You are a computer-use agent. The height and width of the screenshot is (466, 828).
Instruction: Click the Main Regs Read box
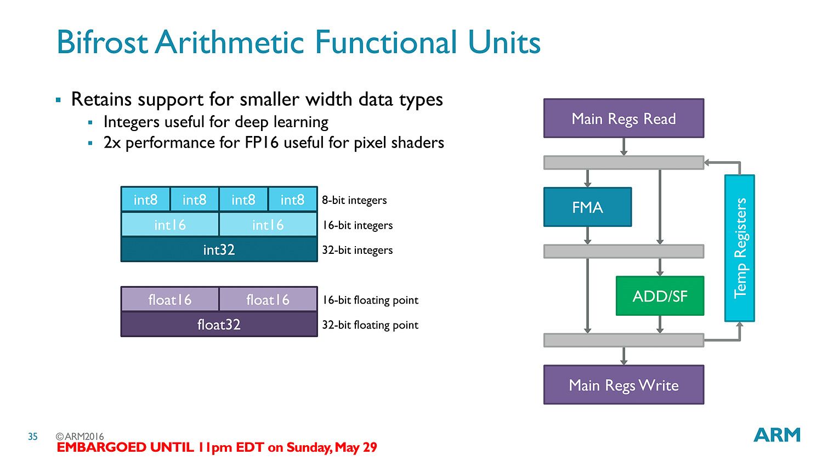click(623, 118)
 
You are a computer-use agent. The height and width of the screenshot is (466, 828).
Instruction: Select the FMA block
click(587, 207)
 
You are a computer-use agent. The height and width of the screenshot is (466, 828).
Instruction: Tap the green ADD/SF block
click(660, 295)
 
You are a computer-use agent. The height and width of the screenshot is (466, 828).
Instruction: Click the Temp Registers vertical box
click(740, 248)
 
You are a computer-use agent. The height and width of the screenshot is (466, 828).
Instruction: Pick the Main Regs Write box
click(623, 385)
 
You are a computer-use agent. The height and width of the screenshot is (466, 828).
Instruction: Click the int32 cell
click(219, 249)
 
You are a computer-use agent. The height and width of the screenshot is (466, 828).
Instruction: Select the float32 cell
click(219, 325)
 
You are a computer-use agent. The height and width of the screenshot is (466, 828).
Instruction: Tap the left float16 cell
click(170, 299)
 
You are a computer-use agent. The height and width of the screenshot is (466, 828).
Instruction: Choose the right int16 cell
click(268, 224)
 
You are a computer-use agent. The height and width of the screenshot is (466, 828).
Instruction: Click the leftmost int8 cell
click(145, 200)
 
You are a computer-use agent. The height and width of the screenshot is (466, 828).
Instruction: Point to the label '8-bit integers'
click(354, 200)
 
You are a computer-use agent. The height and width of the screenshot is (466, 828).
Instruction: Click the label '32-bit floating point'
click(370, 325)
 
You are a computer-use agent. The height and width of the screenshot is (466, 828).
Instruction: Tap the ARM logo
click(776, 435)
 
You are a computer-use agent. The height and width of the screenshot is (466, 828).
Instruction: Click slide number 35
click(33, 436)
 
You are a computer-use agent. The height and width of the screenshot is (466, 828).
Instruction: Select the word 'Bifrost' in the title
click(103, 42)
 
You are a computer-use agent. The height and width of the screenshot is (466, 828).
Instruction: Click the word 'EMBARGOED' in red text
click(101, 447)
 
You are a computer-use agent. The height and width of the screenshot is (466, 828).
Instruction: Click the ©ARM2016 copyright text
click(80, 436)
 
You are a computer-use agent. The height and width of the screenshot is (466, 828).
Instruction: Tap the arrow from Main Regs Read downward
click(623, 147)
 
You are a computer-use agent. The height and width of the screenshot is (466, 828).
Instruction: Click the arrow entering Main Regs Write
click(623, 356)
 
